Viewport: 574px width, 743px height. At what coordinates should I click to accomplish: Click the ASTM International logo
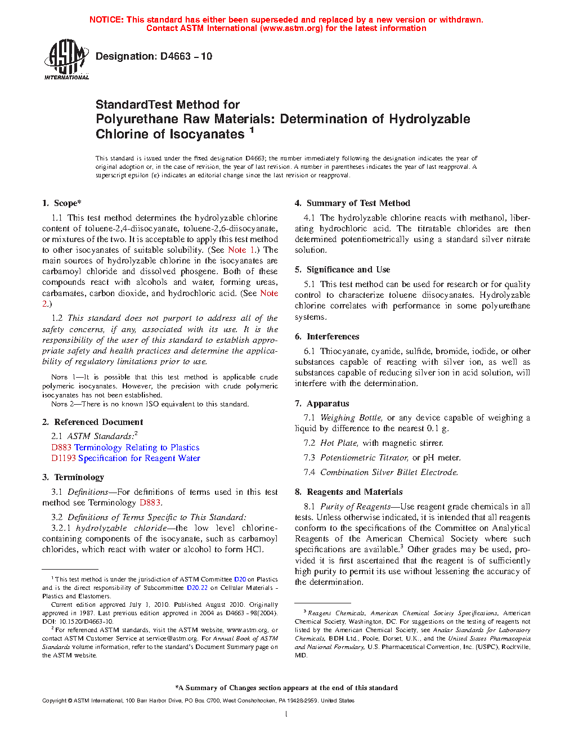click(x=66, y=59)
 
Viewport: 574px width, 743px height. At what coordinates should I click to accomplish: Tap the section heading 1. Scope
click(x=61, y=203)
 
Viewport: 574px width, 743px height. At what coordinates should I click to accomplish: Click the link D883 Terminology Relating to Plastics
click(x=125, y=447)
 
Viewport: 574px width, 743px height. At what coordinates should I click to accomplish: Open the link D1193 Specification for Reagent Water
click(x=125, y=458)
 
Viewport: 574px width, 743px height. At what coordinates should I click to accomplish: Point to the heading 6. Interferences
click(x=327, y=337)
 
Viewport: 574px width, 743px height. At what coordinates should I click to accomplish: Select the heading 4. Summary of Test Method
click(x=352, y=203)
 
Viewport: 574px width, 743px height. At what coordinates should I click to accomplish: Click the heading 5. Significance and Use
click(x=342, y=270)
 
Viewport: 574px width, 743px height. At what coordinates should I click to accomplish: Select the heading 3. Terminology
click(x=73, y=477)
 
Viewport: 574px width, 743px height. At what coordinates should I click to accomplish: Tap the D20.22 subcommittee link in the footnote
click(x=197, y=588)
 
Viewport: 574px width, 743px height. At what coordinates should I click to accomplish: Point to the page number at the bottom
click(x=286, y=714)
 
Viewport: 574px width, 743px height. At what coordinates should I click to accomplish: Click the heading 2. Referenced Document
click(x=92, y=422)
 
